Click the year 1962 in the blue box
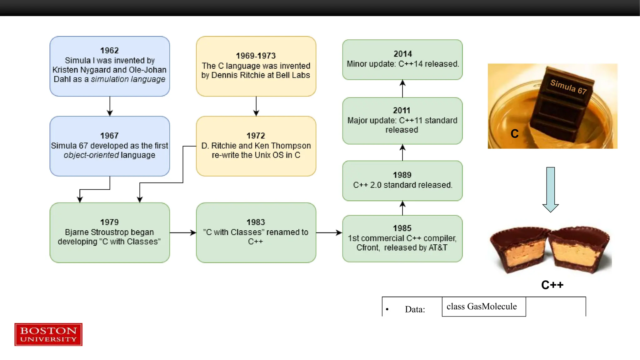[x=109, y=50]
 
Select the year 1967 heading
[x=109, y=136]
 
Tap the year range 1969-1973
[x=256, y=56]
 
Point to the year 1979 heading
[x=109, y=222]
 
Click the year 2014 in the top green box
[x=402, y=54]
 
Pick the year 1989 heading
[x=402, y=175]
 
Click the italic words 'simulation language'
[x=128, y=79]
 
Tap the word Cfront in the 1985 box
[x=367, y=248]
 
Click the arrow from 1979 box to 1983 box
[x=183, y=232]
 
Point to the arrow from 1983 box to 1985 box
[x=329, y=232]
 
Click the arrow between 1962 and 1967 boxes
[x=110, y=106]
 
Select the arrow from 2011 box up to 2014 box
[x=402, y=88]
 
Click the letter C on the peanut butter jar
[x=514, y=134]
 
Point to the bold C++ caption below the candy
[x=552, y=285]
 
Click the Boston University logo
[x=48, y=334]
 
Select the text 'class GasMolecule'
[x=482, y=307]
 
